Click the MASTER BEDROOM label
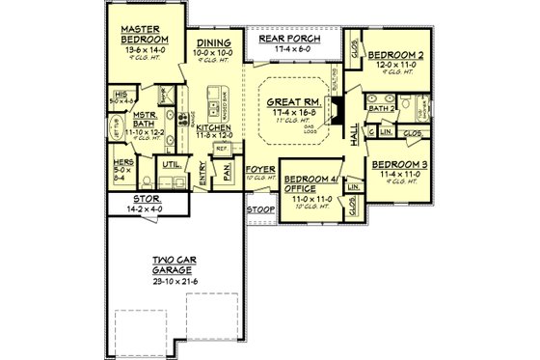[x=140, y=35]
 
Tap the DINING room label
[x=213, y=43]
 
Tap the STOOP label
[x=259, y=208]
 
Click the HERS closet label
[x=123, y=164]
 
